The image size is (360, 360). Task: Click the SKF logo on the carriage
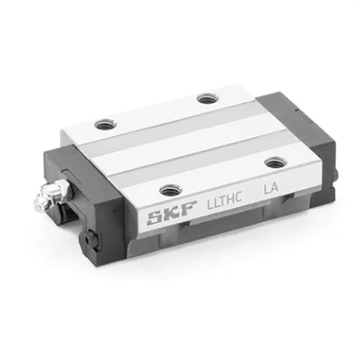click(172, 213)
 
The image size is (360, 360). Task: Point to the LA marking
click(271, 188)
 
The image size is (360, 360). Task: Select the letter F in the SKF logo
click(189, 209)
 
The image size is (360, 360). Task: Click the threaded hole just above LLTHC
click(171, 190)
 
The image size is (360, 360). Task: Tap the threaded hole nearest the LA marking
click(276, 163)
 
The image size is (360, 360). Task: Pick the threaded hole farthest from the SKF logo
click(207, 99)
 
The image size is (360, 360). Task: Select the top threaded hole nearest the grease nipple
click(105, 124)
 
